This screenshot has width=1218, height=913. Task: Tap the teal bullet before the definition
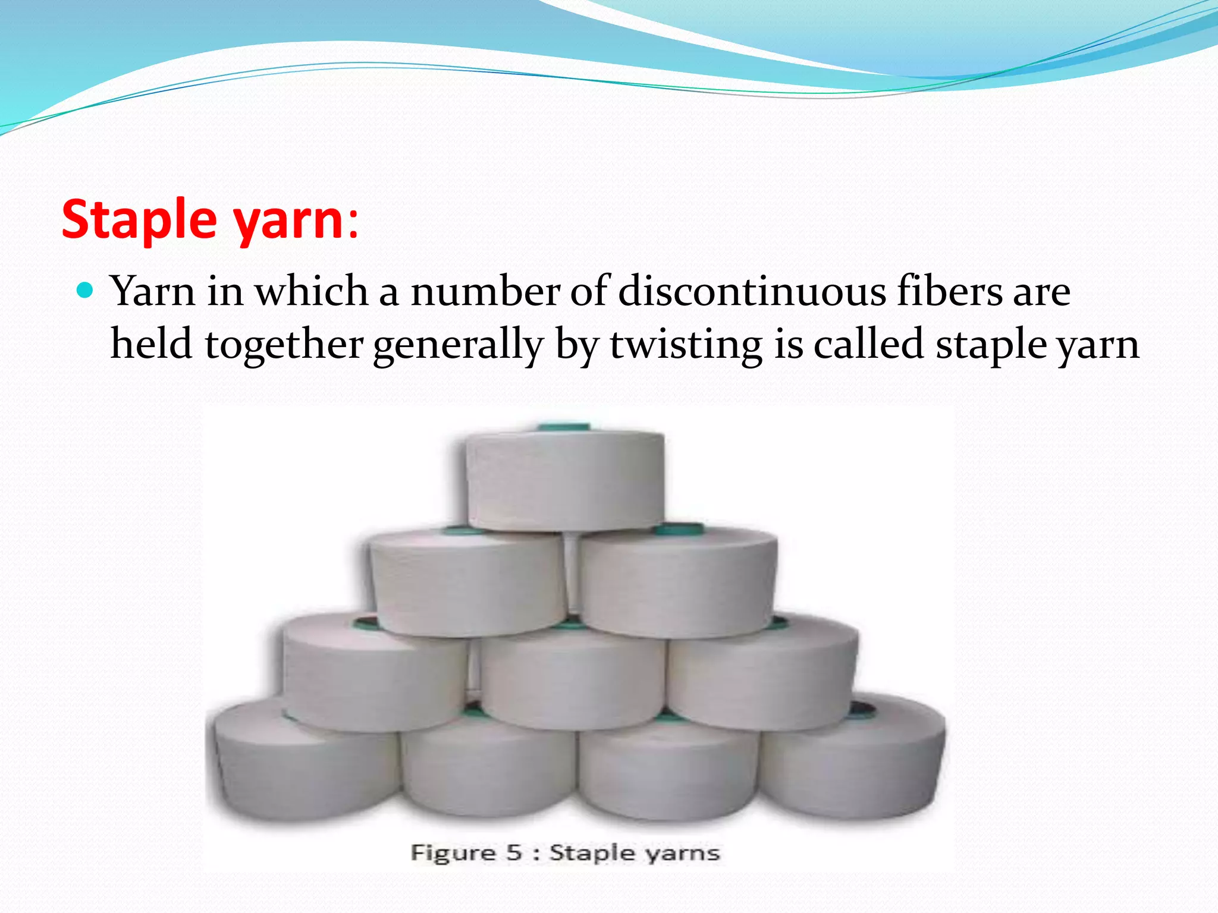point(86,291)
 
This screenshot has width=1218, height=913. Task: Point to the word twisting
point(686,344)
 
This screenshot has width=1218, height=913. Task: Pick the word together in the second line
point(284,344)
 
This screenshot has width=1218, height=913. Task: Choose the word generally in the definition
point(459,344)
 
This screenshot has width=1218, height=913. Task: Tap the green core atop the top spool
point(564,427)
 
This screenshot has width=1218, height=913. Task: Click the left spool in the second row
point(467,583)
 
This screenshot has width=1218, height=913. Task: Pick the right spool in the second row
point(678,583)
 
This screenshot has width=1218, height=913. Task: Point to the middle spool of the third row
point(572,678)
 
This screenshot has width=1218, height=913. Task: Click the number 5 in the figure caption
point(514,852)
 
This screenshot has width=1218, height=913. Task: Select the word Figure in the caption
point(453,852)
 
